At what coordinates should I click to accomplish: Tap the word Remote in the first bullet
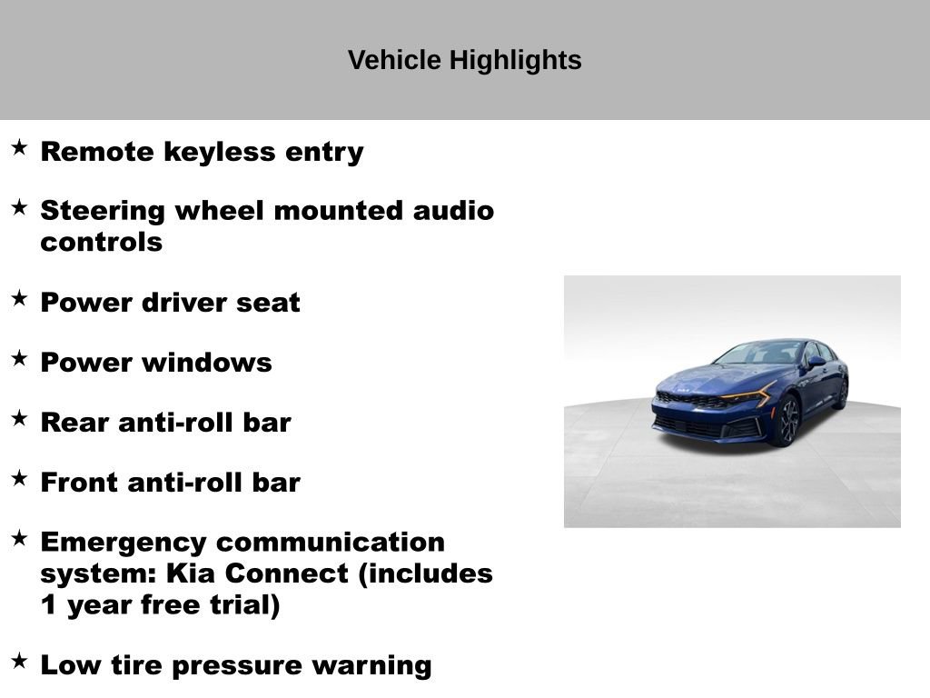click(97, 152)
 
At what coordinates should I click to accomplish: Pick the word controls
click(101, 243)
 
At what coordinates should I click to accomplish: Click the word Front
click(80, 483)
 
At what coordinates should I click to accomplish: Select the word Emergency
click(123, 543)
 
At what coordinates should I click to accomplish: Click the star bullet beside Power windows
click(19, 358)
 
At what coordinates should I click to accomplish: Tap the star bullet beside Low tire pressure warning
click(19, 661)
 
